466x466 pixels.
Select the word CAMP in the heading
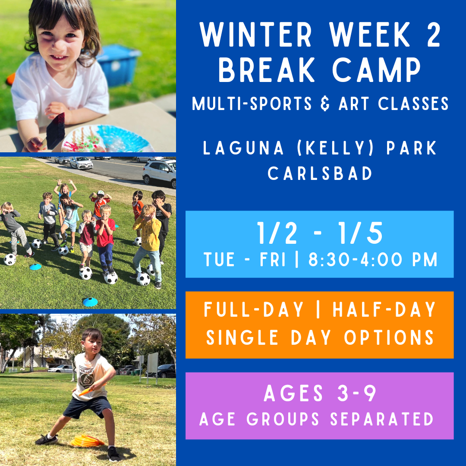point(376,70)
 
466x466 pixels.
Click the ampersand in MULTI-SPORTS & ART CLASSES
point(325,104)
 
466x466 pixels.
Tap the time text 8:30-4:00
point(357,259)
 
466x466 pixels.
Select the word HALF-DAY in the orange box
point(384,310)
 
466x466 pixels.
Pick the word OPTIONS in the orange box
point(389,337)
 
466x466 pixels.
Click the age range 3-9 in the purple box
point(357,393)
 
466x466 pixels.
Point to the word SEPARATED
point(381,419)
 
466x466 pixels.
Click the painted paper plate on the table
point(107,139)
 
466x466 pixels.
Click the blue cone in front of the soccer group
point(90,302)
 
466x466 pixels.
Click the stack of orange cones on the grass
point(87,441)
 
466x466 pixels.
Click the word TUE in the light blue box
point(219,259)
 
